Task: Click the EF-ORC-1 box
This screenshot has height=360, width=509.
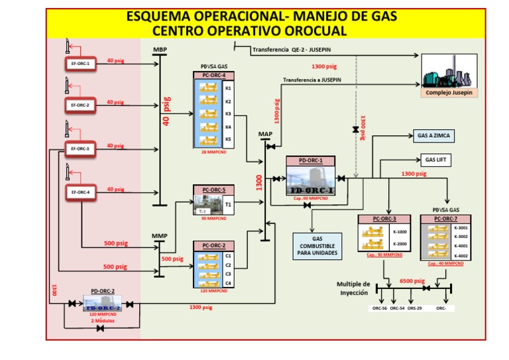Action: click(x=80, y=64)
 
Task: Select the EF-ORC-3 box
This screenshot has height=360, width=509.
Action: click(x=80, y=149)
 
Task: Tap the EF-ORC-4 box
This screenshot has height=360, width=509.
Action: click(x=80, y=192)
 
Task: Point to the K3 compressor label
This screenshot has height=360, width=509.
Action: click(x=228, y=114)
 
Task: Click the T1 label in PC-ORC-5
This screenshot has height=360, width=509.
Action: click(x=228, y=205)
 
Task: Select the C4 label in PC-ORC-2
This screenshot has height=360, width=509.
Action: click(x=228, y=283)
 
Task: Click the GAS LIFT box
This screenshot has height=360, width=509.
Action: click(x=434, y=160)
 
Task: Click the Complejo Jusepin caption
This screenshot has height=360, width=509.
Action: click(x=449, y=93)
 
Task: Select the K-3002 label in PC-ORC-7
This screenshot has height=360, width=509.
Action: click(x=461, y=237)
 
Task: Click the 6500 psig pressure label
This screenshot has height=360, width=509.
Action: click(x=410, y=280)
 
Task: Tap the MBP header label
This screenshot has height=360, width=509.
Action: click(x=160, y=50)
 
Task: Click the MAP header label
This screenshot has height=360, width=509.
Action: click(x=264, y=134)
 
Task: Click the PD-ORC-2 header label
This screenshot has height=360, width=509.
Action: click(x=103, y=290)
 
